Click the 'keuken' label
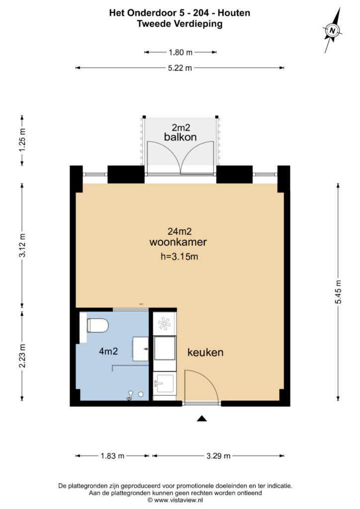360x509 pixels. (x=205, y=352)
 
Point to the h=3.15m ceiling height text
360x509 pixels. (x=180, y=256)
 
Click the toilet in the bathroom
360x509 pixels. (x=97, y=326)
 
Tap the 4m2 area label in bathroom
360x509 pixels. (x=108, y=351)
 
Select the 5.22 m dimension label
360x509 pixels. (x=180, y=68)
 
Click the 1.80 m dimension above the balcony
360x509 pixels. (x=180, y=52)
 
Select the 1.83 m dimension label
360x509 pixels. (x=112, y=456)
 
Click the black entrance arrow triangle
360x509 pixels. (x=201, y=419)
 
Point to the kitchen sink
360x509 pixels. (x=164, y=384)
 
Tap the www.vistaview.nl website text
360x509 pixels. (x=180, y=500)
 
